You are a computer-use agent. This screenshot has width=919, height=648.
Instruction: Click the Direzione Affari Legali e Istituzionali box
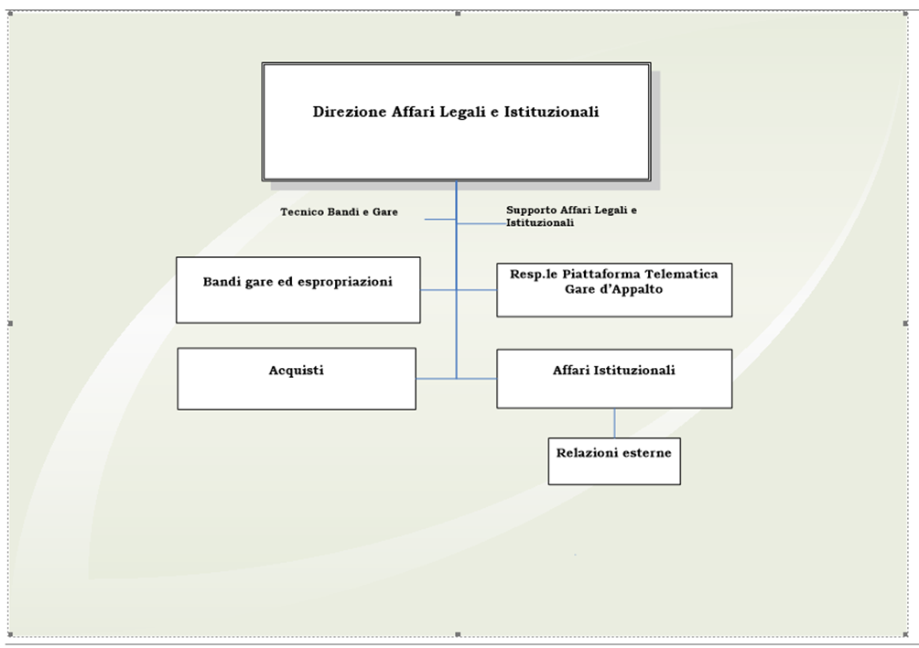(456, 122)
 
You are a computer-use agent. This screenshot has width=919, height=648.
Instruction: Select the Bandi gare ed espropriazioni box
(297, 290)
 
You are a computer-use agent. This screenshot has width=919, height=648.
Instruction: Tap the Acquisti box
(297, 379)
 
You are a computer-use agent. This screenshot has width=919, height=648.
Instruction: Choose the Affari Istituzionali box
(614, 379)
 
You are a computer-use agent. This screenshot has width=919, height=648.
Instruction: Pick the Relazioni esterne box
(614, 461)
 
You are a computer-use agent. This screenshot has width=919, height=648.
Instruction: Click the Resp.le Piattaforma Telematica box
(614, 290)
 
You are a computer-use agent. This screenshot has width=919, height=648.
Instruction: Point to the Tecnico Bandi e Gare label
(339, 212)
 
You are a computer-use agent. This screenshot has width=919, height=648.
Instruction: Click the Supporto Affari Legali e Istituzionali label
(571, 216)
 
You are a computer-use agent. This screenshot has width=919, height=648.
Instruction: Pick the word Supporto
(531, 211)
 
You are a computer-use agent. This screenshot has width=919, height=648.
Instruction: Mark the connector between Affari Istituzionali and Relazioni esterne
(614, 423)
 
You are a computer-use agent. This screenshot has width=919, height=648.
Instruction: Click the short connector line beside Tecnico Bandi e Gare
(440, 219)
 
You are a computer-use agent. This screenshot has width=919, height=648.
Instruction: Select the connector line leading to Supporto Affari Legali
(481, 223)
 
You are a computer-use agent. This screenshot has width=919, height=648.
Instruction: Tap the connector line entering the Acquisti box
(436, 379)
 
